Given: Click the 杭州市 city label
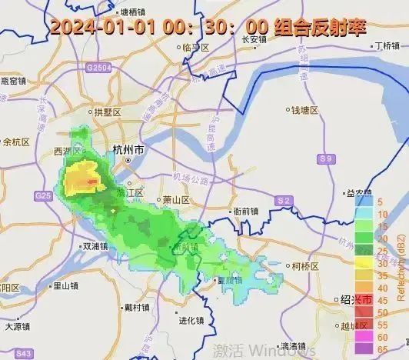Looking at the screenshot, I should tap(128, 151).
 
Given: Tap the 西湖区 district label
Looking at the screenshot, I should tap(68, 151).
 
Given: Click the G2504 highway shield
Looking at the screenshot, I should tap(99, 68).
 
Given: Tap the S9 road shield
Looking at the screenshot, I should tap(328, 158).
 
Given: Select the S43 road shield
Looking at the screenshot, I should tap(25, 353).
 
